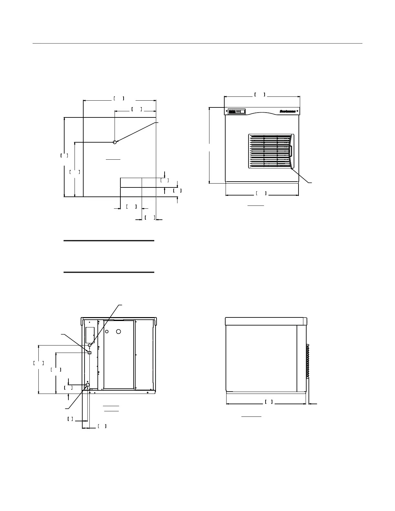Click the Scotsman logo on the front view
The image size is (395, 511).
point(287,111)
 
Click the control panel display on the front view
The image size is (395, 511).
point(236,111)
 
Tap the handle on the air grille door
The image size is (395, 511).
point(290,151)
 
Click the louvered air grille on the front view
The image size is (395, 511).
point(269,151)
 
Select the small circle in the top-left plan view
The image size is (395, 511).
point(115,142)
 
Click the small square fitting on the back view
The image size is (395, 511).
point(90,353)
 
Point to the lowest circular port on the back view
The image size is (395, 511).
point(87,385)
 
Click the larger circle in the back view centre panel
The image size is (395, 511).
point(119,331)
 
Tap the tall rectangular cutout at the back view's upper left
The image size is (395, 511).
point(90,335)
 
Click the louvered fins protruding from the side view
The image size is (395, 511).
point(308,361)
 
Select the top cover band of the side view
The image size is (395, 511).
point(266,321)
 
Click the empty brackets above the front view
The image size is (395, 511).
point(260,95)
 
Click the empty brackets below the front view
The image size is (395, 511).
point(261,193)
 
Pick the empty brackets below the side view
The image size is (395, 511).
point(269,402)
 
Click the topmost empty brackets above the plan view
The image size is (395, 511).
point(119,98)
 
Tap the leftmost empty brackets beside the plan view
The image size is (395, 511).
point(64,155)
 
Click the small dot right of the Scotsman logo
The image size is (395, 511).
point(297,111)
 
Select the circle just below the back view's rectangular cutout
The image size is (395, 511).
point(90,346)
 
